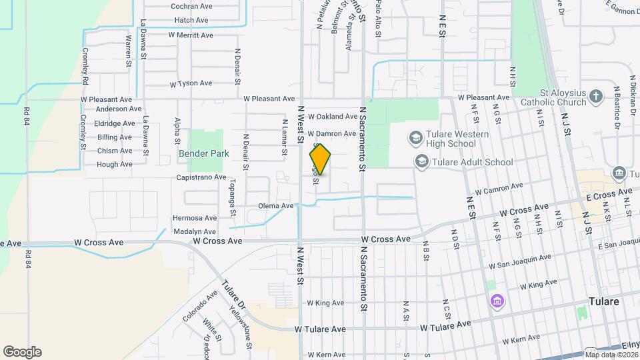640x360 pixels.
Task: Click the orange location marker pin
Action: point(320,159)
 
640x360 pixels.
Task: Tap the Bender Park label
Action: point(203,153)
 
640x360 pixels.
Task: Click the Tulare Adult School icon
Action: point(421,161)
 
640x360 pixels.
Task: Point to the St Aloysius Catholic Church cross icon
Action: point(597,98)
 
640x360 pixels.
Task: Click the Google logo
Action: point(22,352)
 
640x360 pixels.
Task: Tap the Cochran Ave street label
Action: point(191,6)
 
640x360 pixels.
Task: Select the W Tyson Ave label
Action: point(191,84)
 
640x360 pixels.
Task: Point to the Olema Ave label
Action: point(276,206)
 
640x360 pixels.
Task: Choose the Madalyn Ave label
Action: point(195,231)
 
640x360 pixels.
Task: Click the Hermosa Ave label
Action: point(195,218)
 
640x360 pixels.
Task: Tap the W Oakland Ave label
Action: point(332,117)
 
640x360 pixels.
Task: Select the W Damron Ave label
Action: point(331,134)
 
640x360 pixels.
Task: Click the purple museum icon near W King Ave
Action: point(495,301)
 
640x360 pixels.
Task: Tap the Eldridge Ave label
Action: point(115,123)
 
